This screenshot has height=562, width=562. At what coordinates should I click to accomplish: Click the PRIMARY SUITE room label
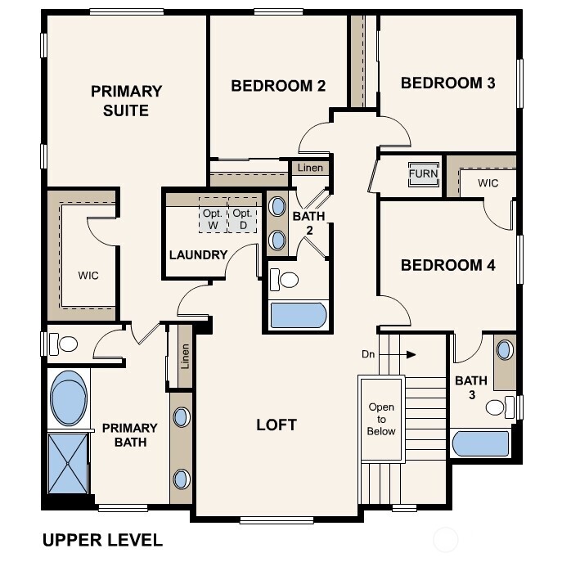[126, 101]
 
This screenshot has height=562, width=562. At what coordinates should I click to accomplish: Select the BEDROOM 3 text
[447, 83]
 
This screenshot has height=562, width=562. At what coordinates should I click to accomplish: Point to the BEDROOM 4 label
[447, 265]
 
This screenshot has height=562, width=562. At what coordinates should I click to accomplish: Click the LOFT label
[277, 425]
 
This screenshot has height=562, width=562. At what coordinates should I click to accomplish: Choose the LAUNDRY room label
[198, 254]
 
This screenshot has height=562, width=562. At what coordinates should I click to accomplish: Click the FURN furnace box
[423, 174]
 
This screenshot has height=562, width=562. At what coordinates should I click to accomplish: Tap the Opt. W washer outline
[214, 218]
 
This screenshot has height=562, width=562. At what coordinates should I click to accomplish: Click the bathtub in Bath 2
[298, 315]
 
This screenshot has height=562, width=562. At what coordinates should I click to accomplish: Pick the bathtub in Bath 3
[480, 443]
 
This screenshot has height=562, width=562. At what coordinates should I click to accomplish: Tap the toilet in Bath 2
[285, 280]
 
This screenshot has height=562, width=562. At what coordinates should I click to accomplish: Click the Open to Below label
[381, 419]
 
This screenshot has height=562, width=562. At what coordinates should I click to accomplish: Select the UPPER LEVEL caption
[102, 540]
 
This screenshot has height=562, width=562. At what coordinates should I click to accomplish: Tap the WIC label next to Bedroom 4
[488, 183]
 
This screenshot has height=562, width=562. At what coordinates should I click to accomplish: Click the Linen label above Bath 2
[311, 168]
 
